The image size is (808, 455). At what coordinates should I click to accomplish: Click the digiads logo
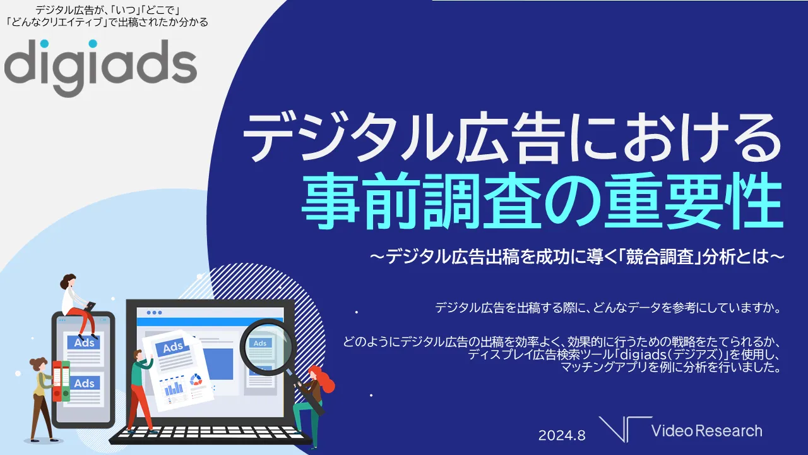100,68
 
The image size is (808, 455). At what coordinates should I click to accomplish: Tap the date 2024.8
562,435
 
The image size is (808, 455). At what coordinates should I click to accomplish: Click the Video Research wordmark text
706,431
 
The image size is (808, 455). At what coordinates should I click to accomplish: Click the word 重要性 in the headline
694,201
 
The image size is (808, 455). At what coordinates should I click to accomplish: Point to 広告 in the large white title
511,137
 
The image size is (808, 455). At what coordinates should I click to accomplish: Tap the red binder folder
57,381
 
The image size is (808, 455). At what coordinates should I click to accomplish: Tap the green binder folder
66,381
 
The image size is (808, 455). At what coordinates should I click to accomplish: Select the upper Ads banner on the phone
84,343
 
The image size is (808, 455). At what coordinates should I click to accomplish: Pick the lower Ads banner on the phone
84,383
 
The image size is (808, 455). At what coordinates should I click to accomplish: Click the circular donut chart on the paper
196,380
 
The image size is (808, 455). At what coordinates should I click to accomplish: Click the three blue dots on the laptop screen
155,312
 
